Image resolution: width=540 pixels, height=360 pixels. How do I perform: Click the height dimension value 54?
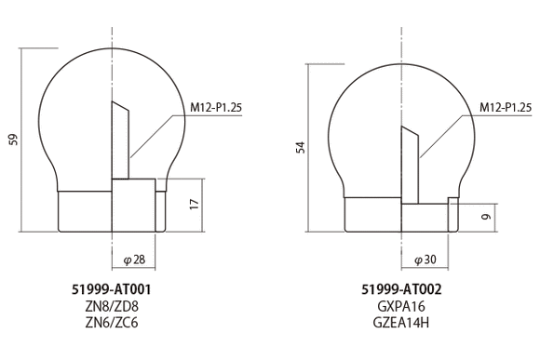tap(300, 148)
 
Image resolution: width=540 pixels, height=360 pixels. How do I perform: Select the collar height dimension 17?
tap(194, 203)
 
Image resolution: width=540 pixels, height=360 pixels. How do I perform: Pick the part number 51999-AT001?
tap(111, 289)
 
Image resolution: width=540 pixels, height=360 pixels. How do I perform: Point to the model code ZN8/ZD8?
tap(111, 306)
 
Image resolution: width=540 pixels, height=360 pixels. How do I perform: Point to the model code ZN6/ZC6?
tap(111, 323)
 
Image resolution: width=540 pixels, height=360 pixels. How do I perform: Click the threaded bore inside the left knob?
tap(120, 140)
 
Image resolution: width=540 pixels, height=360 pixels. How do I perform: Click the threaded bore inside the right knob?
tap(411, 163)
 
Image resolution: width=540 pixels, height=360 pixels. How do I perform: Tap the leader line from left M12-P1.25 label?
tap(154, 130)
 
